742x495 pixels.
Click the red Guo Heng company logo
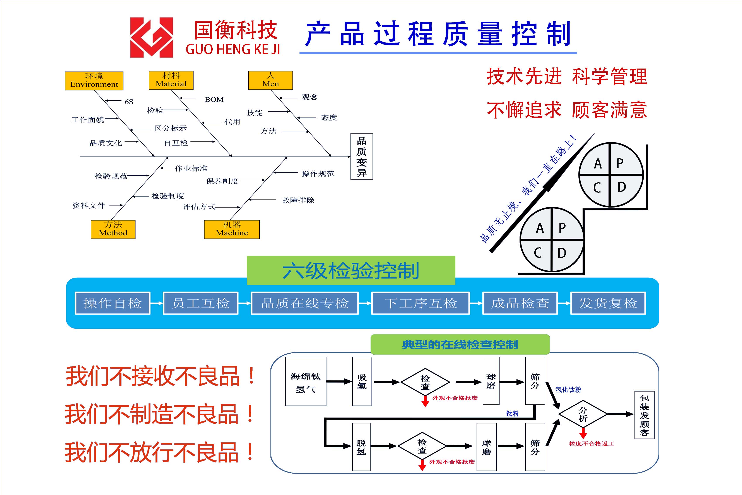151,37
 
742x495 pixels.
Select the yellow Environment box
94,81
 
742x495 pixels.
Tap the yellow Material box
171,80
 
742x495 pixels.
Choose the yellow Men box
270,80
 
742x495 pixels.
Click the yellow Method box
113,229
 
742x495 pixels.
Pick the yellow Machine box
232,229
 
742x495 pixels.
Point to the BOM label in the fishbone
214,100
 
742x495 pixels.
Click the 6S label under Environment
129,102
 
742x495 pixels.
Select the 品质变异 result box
362,156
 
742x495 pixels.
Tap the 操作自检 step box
112,303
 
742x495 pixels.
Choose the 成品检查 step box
520,303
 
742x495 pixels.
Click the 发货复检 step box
608,303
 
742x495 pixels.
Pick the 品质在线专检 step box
304,303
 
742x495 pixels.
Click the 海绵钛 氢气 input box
305,381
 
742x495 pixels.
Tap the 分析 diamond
583,414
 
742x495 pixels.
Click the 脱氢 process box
361,447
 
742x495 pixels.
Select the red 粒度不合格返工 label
592,443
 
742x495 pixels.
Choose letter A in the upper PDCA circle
598,163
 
